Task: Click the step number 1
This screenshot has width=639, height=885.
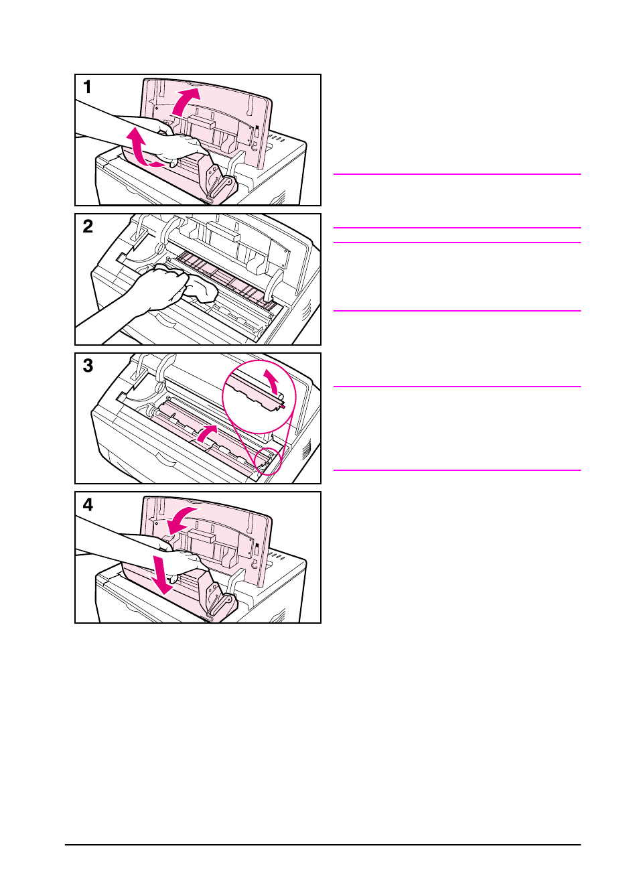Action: (x=87, y=87)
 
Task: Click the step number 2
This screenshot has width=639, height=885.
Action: (x=88, y=226)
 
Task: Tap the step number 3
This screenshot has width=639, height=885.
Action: (x=88, y=366)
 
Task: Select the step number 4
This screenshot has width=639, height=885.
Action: (x=88, y=505)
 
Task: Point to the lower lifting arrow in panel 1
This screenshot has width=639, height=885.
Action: (x=139, y=146)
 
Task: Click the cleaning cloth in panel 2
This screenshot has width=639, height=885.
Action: (x=201, y=290)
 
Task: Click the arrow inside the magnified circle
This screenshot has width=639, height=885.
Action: (x=271, y=381)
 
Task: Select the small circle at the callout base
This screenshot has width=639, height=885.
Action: (x=269, y=461)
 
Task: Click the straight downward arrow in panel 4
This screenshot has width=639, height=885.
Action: (x=162, y=573)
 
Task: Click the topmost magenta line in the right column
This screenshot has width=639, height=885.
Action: (x=457, y=174)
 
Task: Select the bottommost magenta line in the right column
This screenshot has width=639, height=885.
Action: (x=457, y=470)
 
